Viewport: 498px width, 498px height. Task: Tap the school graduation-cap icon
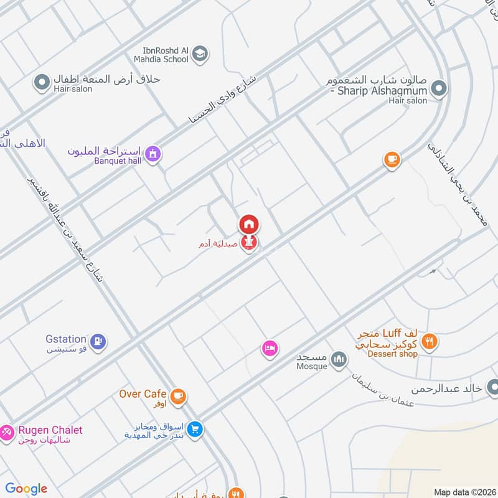[x=200, y=54]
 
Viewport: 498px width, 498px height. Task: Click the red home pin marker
[x=249, y=224]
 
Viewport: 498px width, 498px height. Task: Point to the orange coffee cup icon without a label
[x=391, y=160]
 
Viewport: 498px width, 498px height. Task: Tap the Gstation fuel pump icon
[x=98, y=341]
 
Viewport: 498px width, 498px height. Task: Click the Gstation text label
[x=65, y=339]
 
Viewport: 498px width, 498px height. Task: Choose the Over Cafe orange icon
[x=178, y=396]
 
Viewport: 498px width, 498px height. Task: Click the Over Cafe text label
[x=143, y=393]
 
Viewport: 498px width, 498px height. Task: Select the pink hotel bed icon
[x=270, y=349]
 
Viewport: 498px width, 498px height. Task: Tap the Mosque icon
[x=339, y=360]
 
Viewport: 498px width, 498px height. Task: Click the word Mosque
[x=312, y=366]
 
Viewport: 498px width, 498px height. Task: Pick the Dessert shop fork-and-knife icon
[x=429, y=341]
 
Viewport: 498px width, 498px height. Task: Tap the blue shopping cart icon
[x=195, y=430]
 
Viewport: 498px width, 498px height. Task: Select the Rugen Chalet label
[x=50, y=430]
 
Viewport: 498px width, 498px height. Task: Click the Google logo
[x=26, y=489]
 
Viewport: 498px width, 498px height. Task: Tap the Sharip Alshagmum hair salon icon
[x=439, y=89]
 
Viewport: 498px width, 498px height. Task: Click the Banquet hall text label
[x=118, y=161]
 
